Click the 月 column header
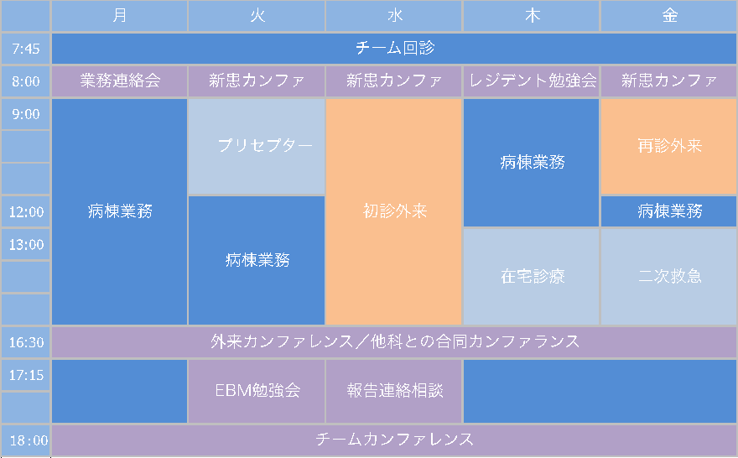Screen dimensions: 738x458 [119, 16]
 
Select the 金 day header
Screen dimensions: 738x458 [669, 16]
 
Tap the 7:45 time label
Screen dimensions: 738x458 [25, 49]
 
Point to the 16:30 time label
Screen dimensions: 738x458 [25, 342]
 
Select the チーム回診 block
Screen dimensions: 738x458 [394, 49]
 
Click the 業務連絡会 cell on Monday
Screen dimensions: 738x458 [119, 81]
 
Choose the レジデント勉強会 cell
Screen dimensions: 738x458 [532, 81]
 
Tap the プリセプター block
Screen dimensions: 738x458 [257, 147]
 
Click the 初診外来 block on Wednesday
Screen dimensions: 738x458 [394, 211]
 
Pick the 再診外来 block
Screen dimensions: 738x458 [669, 147]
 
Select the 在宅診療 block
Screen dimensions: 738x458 [532, 277]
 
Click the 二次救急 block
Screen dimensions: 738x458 [669, 277]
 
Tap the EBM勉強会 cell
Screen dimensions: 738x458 [257, 391]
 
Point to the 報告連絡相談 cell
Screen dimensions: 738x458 [394, 391]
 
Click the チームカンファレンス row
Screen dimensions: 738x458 [394, 440]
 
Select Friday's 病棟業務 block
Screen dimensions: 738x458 [669, 211]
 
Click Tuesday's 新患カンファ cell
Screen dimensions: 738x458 [257, 81]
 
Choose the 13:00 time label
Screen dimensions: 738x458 [25, 244]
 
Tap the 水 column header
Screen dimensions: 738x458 [394, 16]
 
